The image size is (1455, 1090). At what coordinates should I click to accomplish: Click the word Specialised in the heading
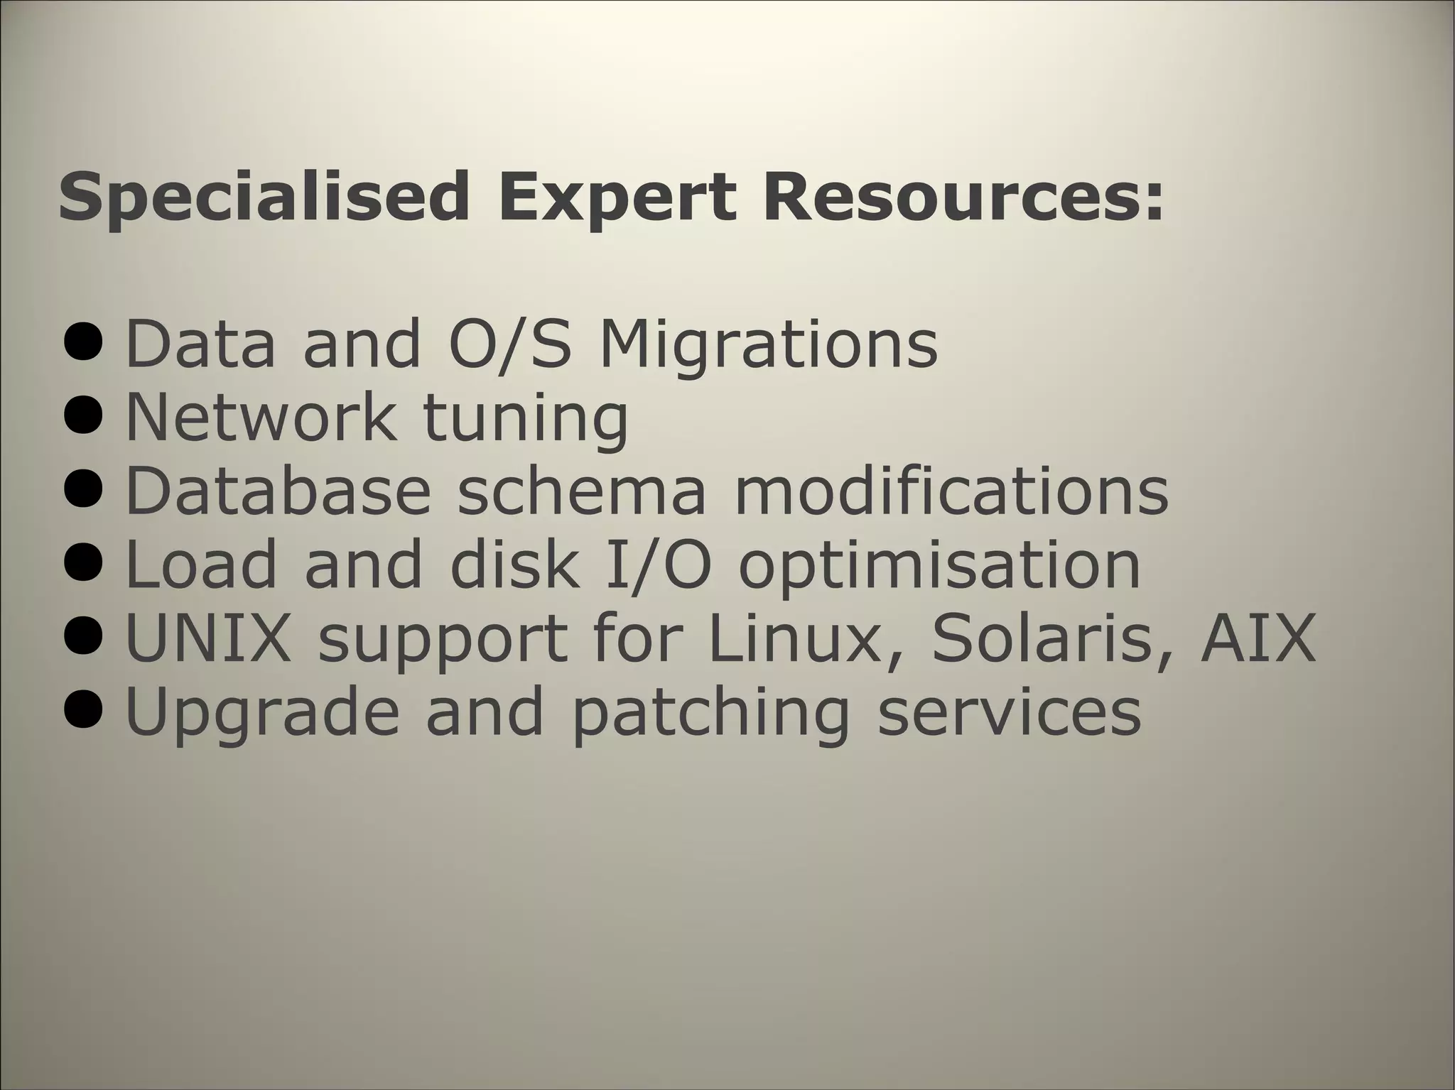(x=263, y=197)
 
